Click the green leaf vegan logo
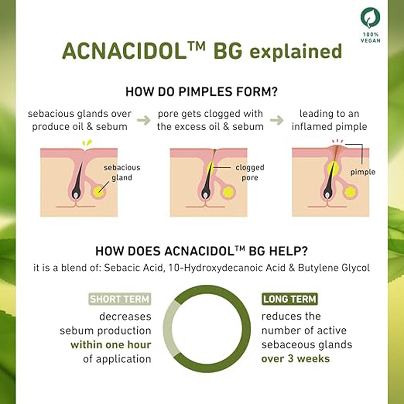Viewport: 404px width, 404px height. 370,18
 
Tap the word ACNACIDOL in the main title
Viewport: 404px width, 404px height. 124,51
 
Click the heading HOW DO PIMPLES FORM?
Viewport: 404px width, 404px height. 202,91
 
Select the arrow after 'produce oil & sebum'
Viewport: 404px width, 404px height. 144,120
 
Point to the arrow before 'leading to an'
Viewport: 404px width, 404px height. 277,120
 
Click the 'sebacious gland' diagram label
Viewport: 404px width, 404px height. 122,173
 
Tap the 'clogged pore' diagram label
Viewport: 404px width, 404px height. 250,173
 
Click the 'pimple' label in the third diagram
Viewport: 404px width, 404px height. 363,172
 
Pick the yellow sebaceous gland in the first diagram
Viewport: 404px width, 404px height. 98,191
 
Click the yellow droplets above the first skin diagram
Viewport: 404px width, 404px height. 87,143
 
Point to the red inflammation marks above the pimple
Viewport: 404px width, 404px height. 337,141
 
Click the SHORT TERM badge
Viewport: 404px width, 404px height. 119,299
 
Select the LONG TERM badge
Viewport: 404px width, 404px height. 290,299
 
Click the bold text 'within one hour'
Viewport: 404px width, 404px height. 111,345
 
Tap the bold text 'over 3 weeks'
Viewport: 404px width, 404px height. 296,359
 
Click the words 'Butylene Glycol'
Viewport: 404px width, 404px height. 334,268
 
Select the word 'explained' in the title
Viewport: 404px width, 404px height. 296,52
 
